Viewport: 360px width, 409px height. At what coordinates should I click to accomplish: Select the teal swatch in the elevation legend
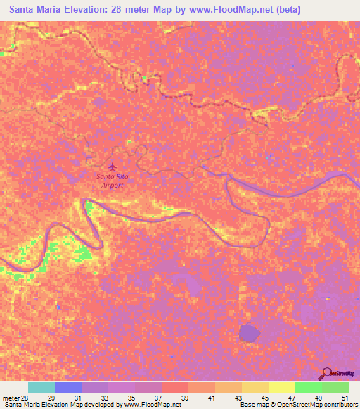tap(41, 387)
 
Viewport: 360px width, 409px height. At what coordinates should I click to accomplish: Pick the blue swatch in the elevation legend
tap(68, 387)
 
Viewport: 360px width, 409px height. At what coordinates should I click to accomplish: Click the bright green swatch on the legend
tap(308, 387)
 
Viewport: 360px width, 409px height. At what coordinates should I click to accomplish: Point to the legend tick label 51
tap(344, 398)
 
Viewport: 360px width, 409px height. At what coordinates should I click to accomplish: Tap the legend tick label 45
tap(264, 398)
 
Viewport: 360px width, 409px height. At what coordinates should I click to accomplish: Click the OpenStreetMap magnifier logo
tap(328, 372)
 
